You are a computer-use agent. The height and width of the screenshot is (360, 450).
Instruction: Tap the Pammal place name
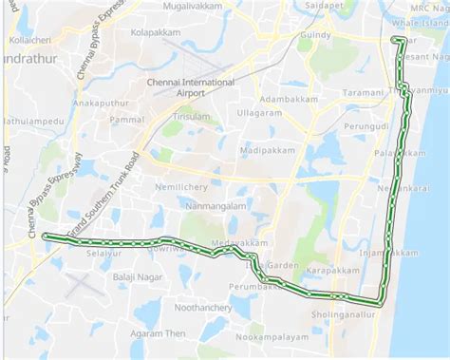pyautogui.click(x=125, y=121)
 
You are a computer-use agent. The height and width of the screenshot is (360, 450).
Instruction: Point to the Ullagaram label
pyautogui.click(x=259, y=113)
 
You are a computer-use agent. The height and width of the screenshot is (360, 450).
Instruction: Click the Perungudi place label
pyautogui.click(x=366, y=124)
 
